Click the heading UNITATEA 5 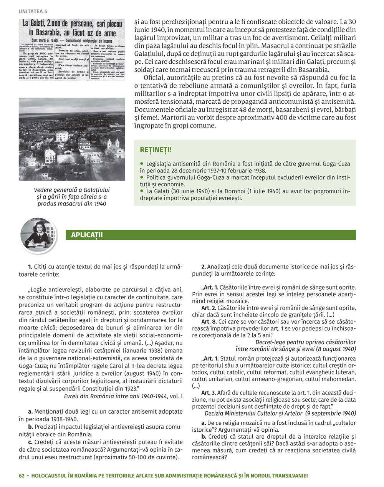tap(33, 11)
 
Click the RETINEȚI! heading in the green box tap(156, 149)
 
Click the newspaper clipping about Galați tap(72, 50)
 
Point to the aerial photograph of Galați tap(72, 139)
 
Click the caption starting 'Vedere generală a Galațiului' tap(72, 197)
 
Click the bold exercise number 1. tap(30, 267)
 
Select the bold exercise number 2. tap(204, 267)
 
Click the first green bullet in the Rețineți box tap(142, 163)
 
